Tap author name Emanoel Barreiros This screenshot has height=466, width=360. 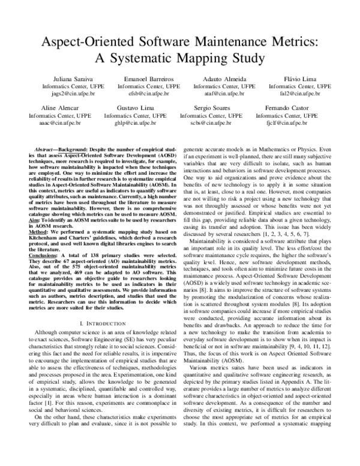pos(147,79)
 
